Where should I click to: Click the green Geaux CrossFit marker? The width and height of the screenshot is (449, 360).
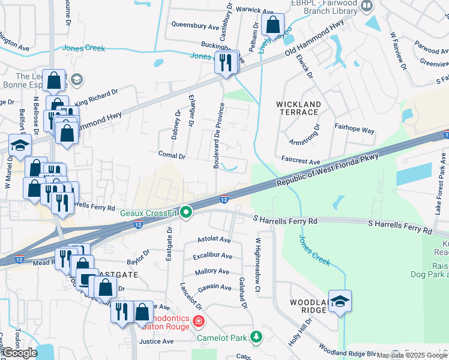pos(187,212)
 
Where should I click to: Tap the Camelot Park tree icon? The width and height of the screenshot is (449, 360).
pos(257,336)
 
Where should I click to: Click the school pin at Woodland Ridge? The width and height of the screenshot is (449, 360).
pos(340,301)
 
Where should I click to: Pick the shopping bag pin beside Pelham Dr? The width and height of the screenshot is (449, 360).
pos(273,25)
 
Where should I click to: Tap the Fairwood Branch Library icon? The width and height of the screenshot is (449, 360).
pos(367,7)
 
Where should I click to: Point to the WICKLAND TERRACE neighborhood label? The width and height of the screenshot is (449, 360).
pos(298,108)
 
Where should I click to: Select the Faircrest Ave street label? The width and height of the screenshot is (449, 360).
pos(301,161)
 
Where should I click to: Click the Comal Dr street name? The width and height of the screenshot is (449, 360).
pos(172,155)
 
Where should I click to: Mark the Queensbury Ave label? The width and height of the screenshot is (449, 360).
pos(195,26)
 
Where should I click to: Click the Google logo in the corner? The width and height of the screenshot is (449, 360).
pos(20,353)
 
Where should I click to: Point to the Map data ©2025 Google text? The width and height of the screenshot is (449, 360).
pos(412,355)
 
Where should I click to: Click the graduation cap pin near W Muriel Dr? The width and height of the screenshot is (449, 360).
pos(20,146)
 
